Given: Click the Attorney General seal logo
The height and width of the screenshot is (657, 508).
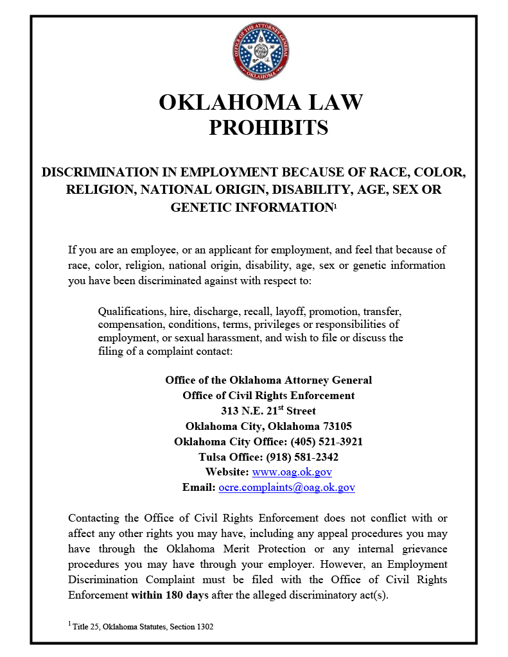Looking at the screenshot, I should (261, 52).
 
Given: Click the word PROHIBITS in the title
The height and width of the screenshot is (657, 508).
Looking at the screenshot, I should (268, 128).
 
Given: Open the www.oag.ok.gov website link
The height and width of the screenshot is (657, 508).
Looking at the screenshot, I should (292, 472).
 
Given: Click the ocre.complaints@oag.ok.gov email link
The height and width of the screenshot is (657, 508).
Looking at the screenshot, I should (286, 488).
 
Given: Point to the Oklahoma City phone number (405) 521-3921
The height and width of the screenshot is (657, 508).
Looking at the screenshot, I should (327, 441).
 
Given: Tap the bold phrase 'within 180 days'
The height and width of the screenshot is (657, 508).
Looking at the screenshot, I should (170, 594).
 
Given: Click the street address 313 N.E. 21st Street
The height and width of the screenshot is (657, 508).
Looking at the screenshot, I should (268, 411).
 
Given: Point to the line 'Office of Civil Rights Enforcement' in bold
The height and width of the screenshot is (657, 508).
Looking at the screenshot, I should (268, 395).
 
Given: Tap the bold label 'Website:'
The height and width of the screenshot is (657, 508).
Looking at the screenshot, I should (227, 472).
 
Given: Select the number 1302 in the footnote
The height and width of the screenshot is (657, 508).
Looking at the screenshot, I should (202, 626).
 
